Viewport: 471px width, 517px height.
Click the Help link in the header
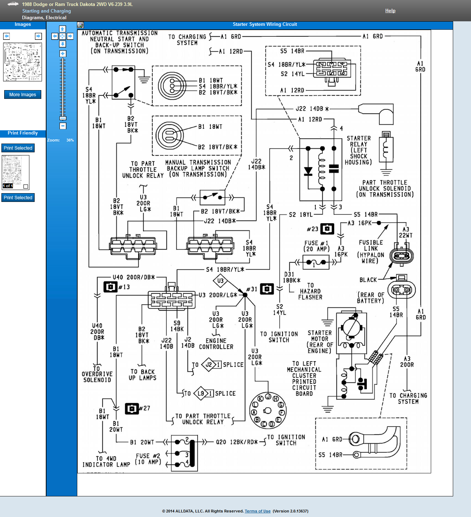390,11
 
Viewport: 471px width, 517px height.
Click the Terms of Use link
257,511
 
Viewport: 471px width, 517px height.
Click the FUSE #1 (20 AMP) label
316,246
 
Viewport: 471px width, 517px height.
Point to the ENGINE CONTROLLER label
216,344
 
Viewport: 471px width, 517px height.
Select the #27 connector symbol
132,408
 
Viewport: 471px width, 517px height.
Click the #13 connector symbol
110,287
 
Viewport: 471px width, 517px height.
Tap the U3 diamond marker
220,281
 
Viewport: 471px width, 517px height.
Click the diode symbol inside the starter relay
308,171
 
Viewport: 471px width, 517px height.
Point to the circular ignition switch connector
267,410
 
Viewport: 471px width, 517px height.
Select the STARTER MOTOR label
320,342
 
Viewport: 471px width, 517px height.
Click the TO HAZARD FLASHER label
310,291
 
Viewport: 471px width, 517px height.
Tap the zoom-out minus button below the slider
63,126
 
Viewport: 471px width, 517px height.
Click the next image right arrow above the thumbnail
38,36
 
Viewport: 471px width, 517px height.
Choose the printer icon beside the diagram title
80,25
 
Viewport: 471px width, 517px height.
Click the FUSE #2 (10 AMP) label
148,459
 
